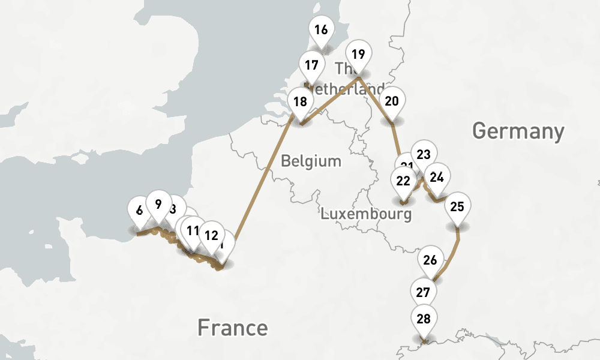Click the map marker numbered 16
pos(321,30)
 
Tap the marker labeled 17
pos(311,65)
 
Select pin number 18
pos(300,101)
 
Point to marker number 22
pos(403,181)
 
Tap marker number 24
pos(437,177)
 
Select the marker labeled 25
pos(457,207)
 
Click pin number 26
pos(430,260)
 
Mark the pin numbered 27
pos(423,293)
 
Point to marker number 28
pos(424,319)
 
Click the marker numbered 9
pos(158,204)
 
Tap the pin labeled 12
pos(211,235)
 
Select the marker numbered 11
pos(193,230)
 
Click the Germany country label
pos(518,131)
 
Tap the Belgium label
pos(311,161)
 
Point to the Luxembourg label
pos(366,214)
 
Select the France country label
pos(233,328)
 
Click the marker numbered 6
pos(139,211)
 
